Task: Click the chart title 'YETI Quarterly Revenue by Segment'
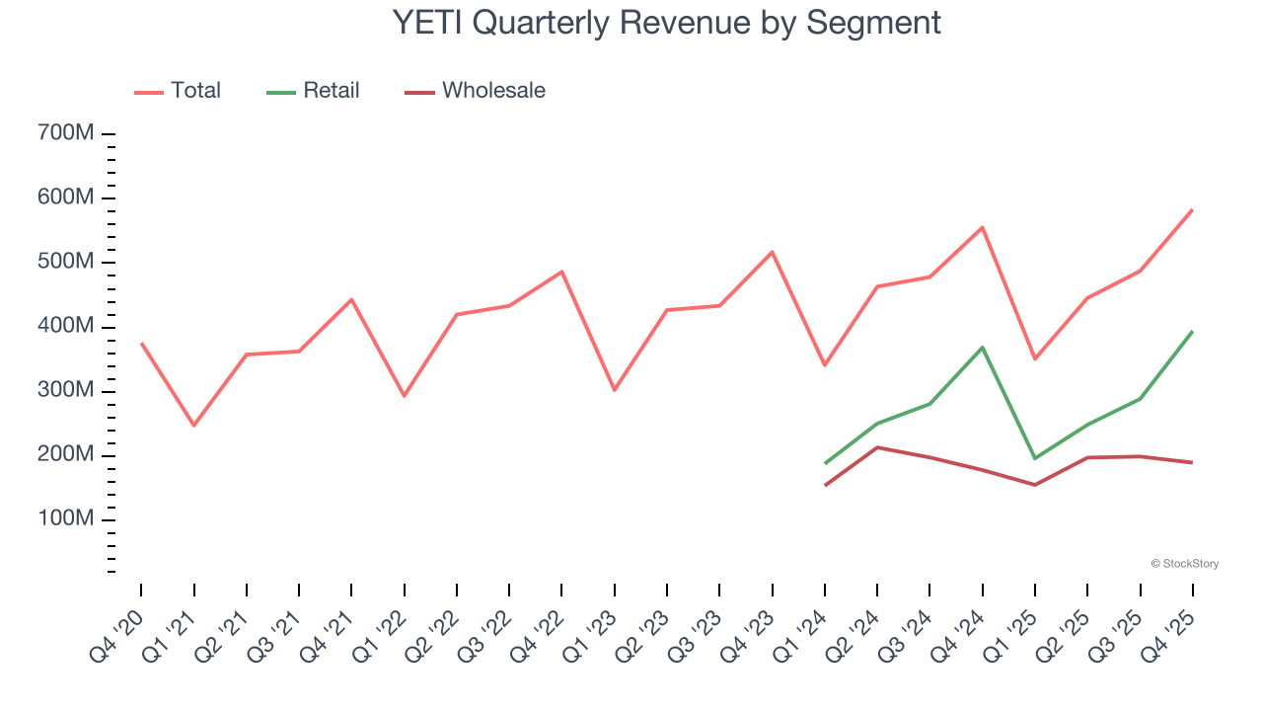[666, 23]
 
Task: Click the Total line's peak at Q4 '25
[1192, 209]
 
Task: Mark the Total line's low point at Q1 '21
[193, 426]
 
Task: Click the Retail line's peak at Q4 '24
[982, 347]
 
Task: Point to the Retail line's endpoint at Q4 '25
[1192, 332]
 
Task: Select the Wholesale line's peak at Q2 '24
[877, 447]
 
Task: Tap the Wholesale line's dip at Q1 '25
[1034, 485]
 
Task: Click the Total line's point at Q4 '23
[772, 252]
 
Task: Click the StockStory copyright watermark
[1184, 564]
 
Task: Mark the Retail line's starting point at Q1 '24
[825, 463]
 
